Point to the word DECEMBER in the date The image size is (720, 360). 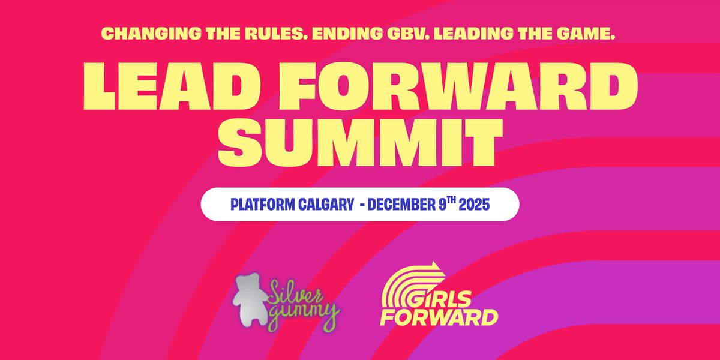(406, 205)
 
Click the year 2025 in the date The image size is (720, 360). (474, 205)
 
